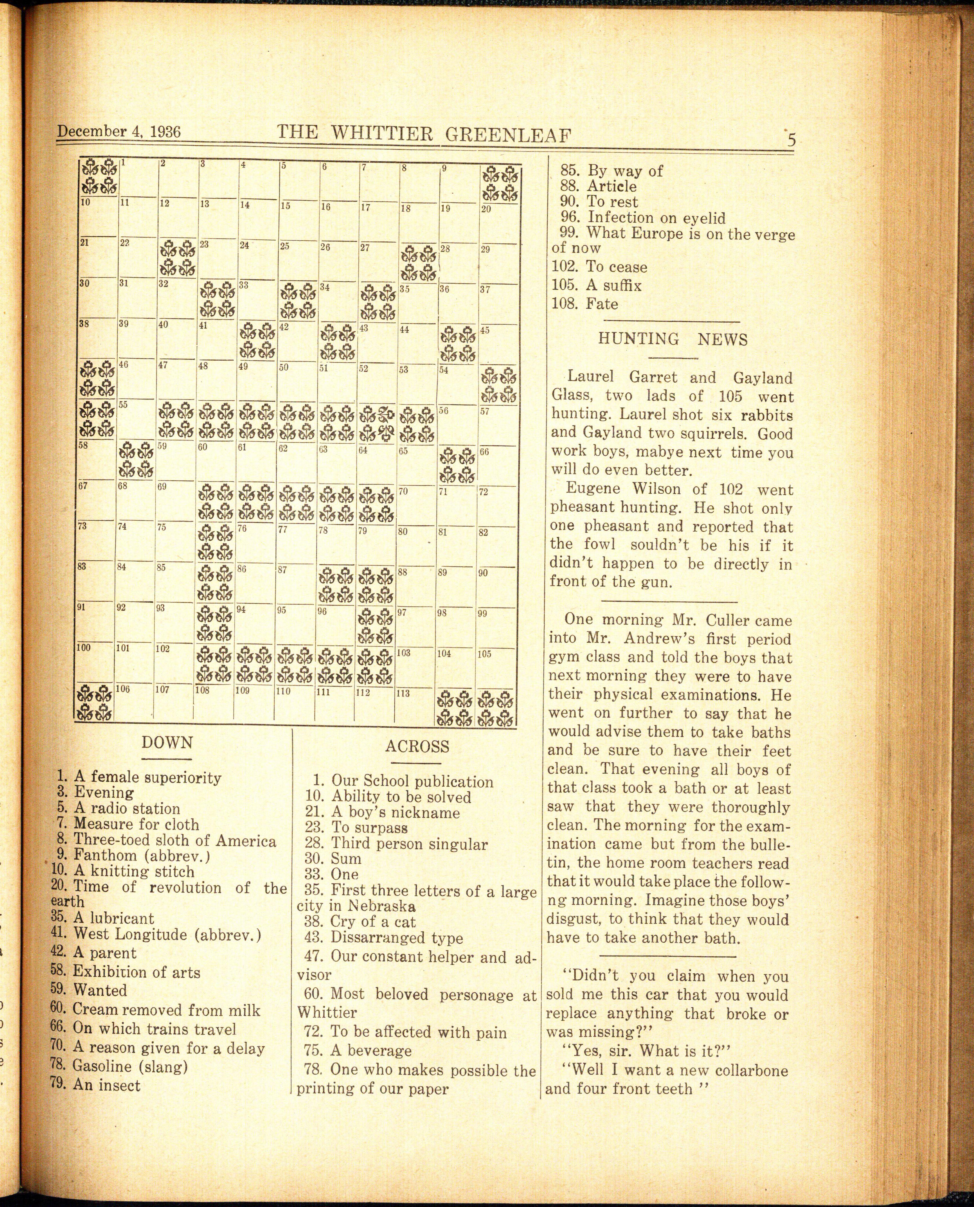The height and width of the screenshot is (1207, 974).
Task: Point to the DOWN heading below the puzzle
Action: point(167,743)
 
